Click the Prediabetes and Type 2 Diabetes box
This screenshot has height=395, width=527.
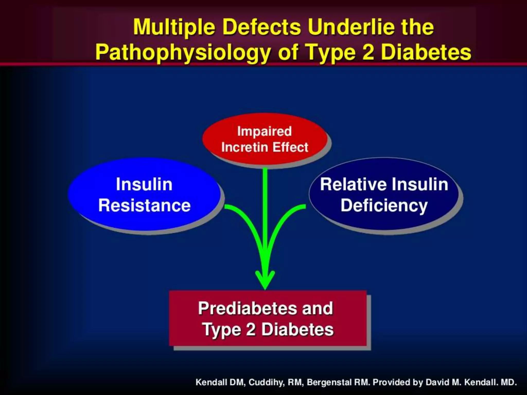click(268, 319)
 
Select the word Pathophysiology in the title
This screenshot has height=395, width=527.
click(183, 52)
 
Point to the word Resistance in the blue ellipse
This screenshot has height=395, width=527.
click(144, 205)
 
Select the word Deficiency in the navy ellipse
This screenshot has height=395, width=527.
click(384, 205)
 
